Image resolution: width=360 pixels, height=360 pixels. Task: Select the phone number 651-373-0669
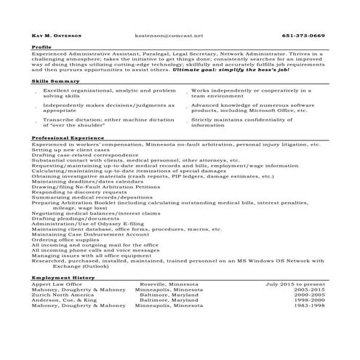tap(303, 35)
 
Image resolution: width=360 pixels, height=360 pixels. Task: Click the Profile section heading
tap(41, 47)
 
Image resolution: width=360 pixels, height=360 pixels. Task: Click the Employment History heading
tap(63, 278)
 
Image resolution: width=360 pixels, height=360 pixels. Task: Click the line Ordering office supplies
tap(67, 240)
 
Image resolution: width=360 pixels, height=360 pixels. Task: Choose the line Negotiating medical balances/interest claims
tap(96, 213)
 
